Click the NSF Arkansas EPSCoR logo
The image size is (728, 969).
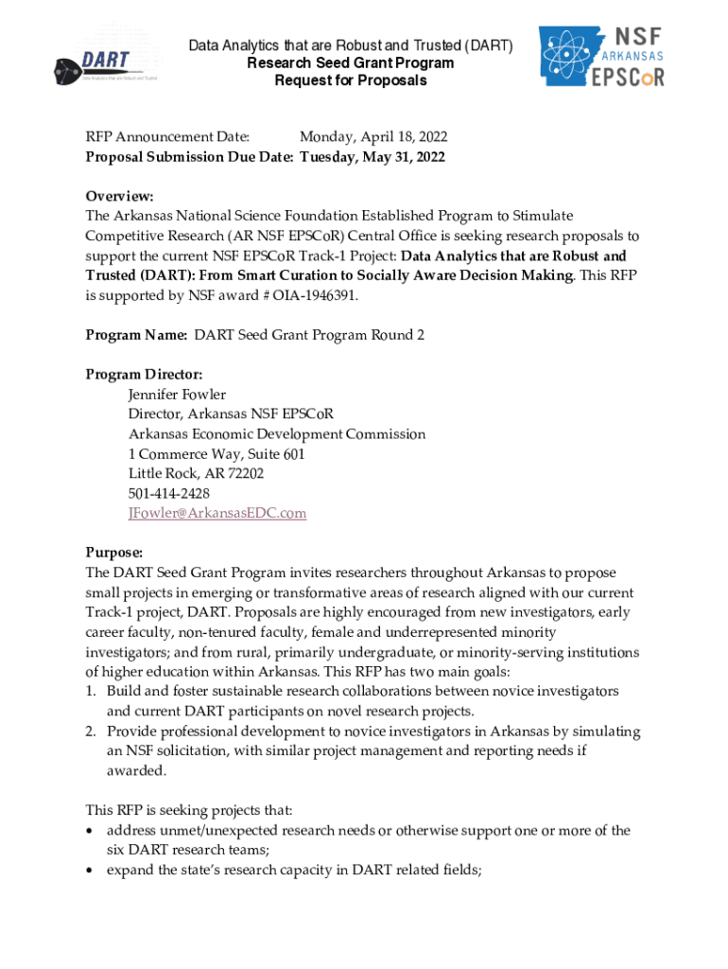601,56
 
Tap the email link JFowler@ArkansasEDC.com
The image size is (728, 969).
217,513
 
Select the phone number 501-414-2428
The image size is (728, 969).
169,493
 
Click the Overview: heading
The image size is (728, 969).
119,196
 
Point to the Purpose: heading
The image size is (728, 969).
114,553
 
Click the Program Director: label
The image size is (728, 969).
144,375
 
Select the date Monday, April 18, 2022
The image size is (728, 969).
373,137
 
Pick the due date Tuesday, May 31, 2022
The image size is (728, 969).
373,157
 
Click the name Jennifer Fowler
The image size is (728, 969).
177,395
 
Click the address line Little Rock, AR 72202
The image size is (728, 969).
196,473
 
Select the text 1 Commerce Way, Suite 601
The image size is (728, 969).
217,454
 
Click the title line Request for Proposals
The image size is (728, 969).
350,80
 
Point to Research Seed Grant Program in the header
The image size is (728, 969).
350,62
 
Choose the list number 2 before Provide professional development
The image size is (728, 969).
91,731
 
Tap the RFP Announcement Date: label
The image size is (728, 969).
167,137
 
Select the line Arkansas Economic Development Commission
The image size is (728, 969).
277,434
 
